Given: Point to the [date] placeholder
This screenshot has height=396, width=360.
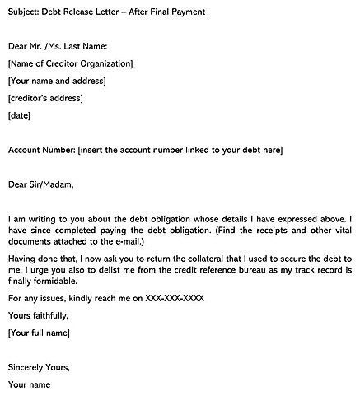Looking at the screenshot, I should tap(19, 115).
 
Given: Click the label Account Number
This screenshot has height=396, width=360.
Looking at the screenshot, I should tap(40, 150).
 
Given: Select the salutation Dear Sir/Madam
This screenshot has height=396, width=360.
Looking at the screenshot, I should tap(40, 184).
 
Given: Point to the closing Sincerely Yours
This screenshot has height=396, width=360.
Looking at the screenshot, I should tap(39, 366).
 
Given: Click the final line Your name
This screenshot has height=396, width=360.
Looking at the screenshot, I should tap(30, 384).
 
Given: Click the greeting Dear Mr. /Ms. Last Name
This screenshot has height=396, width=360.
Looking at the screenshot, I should tap(58, 46).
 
